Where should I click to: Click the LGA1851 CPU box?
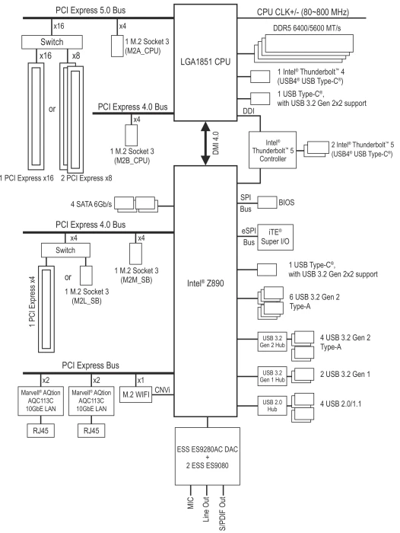(205, 62)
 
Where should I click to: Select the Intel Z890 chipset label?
(205, 283)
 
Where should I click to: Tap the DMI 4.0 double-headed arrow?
(205, 143)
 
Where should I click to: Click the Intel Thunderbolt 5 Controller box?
(272, 150)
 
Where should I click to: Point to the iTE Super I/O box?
(275, 237)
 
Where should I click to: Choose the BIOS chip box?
(267, 203)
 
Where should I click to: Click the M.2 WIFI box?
(136, 394)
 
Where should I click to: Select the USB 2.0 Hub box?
(272, 406)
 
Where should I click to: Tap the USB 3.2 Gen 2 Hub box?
(272, 342)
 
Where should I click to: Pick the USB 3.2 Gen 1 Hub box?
(272, 376)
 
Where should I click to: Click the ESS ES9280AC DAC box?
(208, 456)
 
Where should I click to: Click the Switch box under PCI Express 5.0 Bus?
(52, 42)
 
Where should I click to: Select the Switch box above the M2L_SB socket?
(65, 251)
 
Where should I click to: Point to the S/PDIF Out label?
(222, 513)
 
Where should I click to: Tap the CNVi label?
(162, 390)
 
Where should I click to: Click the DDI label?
(249, 111)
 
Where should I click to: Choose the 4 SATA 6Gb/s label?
(91, 204)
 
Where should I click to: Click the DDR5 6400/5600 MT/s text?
(307, 28)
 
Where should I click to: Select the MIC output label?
(190, 503)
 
